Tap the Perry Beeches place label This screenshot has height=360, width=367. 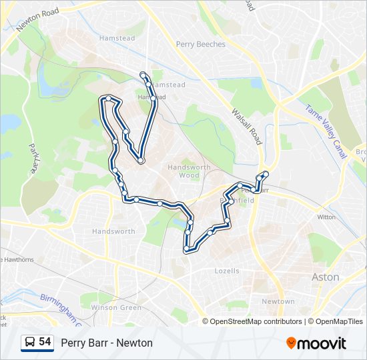point(201,45)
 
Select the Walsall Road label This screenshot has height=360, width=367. point(247,124)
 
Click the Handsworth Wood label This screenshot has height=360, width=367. point(189,171)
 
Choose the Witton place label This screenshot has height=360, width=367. point(326,217)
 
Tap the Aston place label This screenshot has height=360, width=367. point(326,277)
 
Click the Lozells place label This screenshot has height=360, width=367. point(227,271)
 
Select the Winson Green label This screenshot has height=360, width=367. point(116,308)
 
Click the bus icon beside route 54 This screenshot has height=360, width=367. point(30,343)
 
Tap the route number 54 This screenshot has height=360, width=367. point(45,342)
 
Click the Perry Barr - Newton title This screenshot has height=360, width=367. point(107,343)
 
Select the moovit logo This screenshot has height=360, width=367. point(316,343)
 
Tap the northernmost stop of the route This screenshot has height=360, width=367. point(143,74)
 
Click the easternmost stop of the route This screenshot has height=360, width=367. point(266,174)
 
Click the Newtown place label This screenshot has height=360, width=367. point(278,301)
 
